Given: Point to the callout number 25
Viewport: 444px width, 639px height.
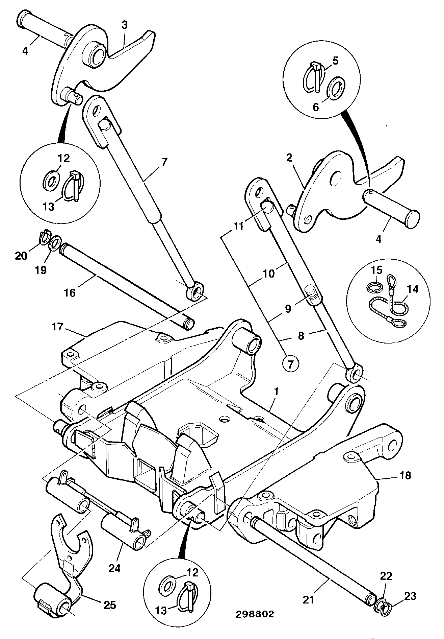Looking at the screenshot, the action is pos(110,605).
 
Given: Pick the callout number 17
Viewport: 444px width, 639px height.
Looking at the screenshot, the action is pos(58,327).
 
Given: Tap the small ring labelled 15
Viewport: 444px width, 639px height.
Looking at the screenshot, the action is pos(374,287).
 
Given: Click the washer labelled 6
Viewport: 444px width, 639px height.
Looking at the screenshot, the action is pos(336,89).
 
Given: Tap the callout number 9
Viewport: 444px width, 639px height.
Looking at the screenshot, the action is pos(288,309).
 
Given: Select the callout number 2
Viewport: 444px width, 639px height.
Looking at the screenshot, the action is pos(290,158).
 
